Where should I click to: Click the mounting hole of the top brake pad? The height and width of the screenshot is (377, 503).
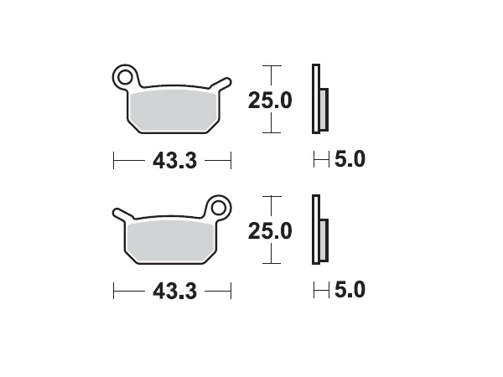tap(125, 77)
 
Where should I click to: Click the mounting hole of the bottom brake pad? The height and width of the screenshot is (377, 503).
tap(219, 207)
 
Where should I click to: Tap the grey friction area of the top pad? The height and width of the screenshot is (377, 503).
tap(172, 110)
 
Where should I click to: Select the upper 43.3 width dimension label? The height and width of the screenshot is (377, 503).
tap(174, 160)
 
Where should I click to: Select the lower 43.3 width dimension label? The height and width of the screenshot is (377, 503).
tap(174, 291)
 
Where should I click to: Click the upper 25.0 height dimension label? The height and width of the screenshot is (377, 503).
tap(269, 101)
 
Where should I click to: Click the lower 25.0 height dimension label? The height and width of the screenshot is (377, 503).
tap(269, 230)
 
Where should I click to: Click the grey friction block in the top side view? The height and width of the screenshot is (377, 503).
tap(324, 108)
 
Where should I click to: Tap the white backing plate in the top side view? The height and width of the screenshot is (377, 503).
tap(315, 98)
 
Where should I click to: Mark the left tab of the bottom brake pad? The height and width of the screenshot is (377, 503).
tap(119, 214)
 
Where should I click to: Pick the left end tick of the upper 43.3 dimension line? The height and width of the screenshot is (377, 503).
tap(114, 159)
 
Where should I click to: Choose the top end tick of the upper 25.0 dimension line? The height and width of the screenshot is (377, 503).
tap(269, 65)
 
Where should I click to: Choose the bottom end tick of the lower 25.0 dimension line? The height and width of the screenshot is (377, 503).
tap(269, 262)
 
